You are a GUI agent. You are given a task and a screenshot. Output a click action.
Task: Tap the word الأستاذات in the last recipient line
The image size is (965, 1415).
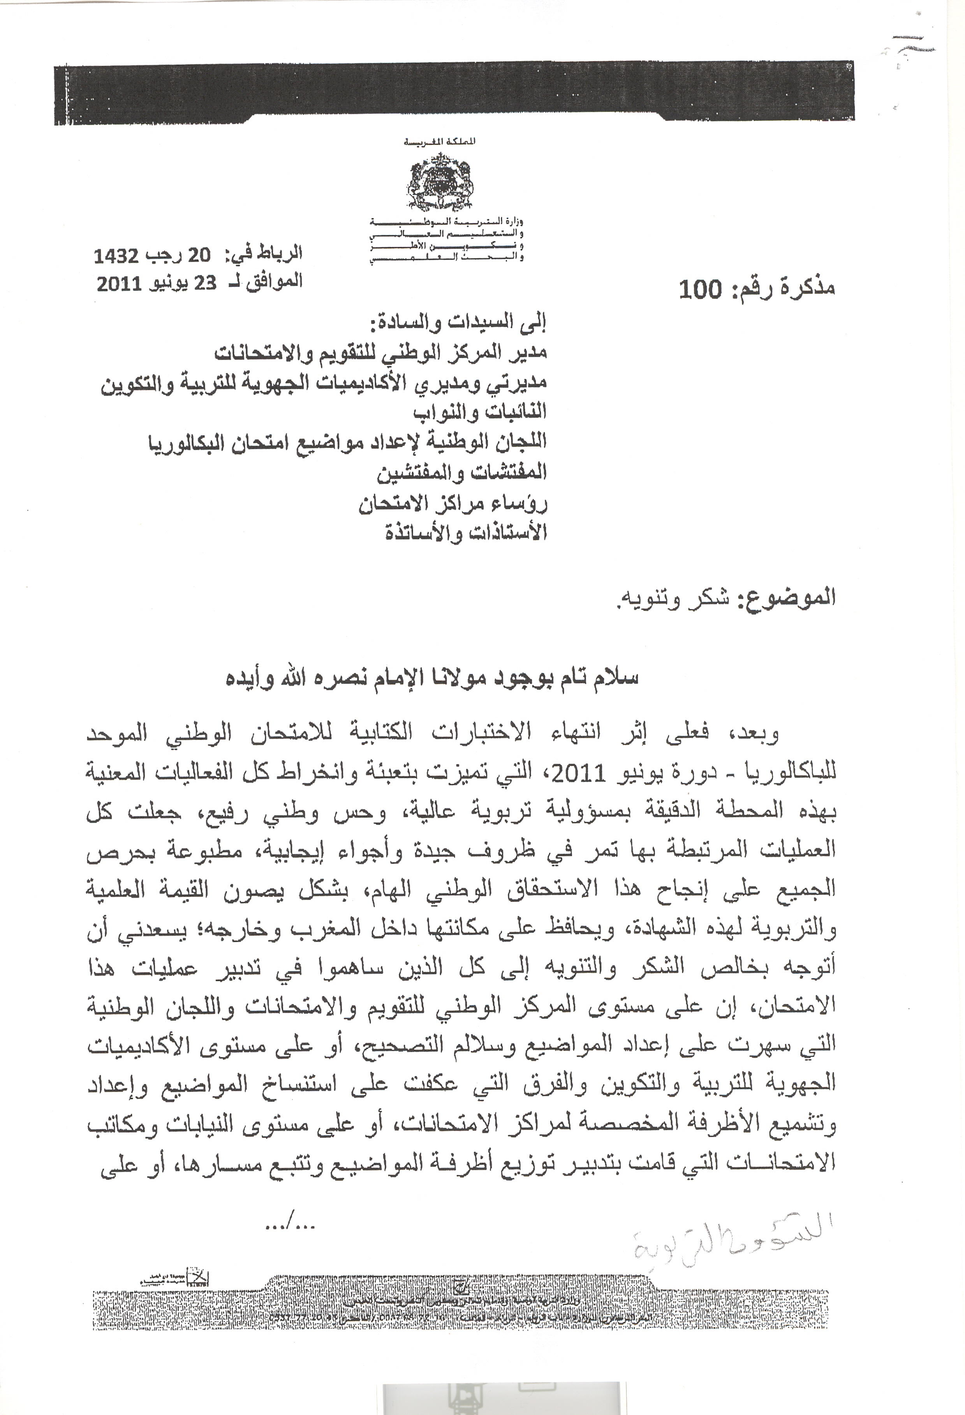[x=507, y=533]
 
